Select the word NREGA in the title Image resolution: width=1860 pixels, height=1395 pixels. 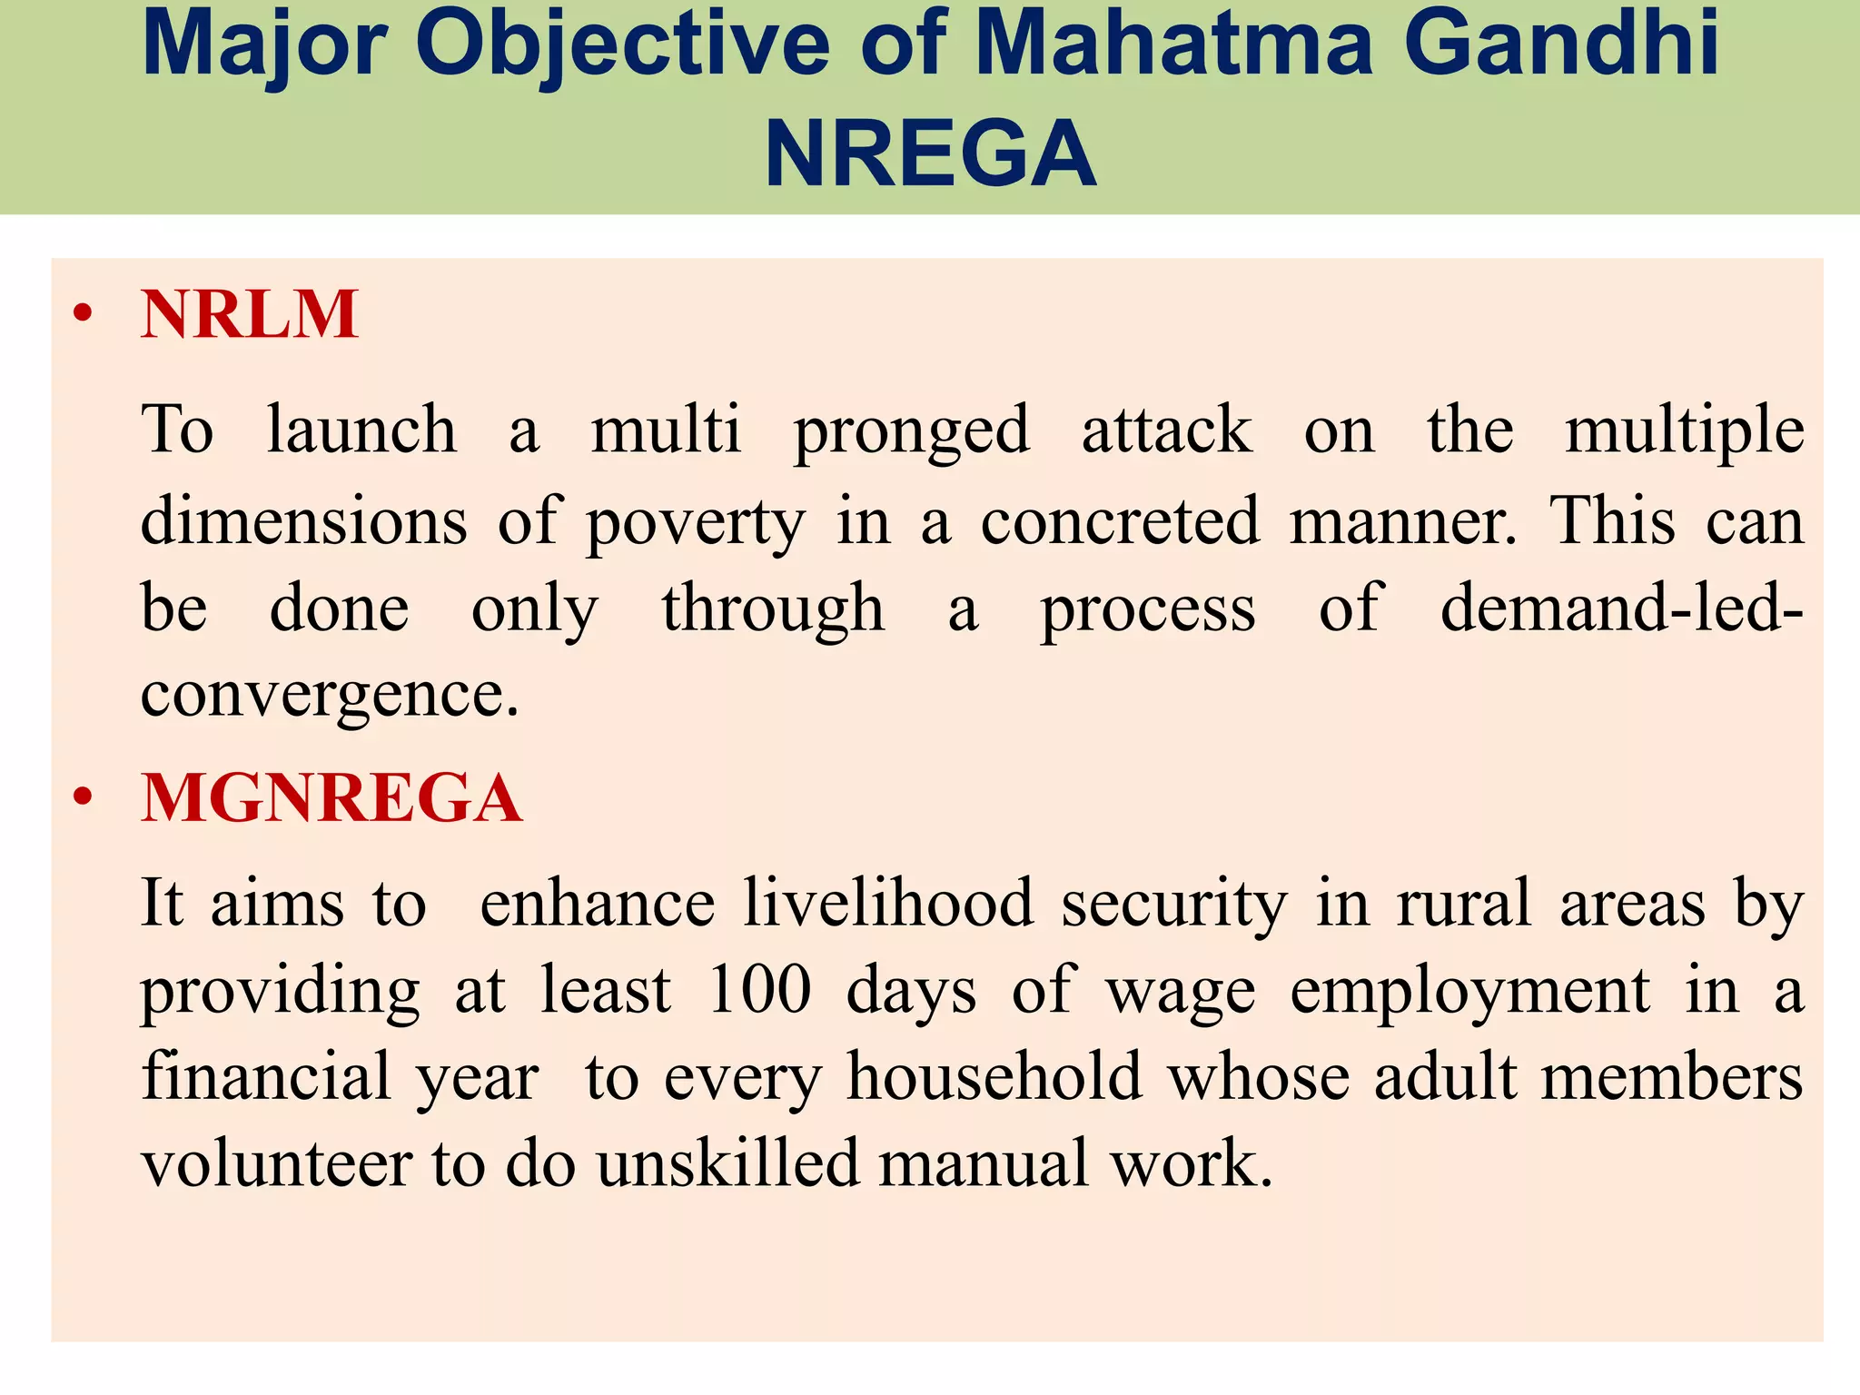tap(930, 154)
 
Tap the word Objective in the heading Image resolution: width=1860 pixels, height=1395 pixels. tap(622, 44)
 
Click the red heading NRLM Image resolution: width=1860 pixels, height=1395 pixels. tap(250, 314)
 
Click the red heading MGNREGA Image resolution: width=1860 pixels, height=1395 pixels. tap(331, 798)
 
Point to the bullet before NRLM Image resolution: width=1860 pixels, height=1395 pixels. tap(84, 315)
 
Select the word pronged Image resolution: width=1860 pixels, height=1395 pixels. tap(911, 430)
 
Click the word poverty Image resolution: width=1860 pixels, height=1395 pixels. tap(695, 523)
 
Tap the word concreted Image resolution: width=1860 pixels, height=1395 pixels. tap(1120, 521)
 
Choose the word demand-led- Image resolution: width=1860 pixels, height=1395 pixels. tap(1622, 608)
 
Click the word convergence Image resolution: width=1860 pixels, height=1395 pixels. tap(329, 695)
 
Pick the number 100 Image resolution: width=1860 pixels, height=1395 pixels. tap(759, 989)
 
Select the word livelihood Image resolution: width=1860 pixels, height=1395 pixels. tap(888, 903)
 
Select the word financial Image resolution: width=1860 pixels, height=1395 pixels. tap(265, 1077)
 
